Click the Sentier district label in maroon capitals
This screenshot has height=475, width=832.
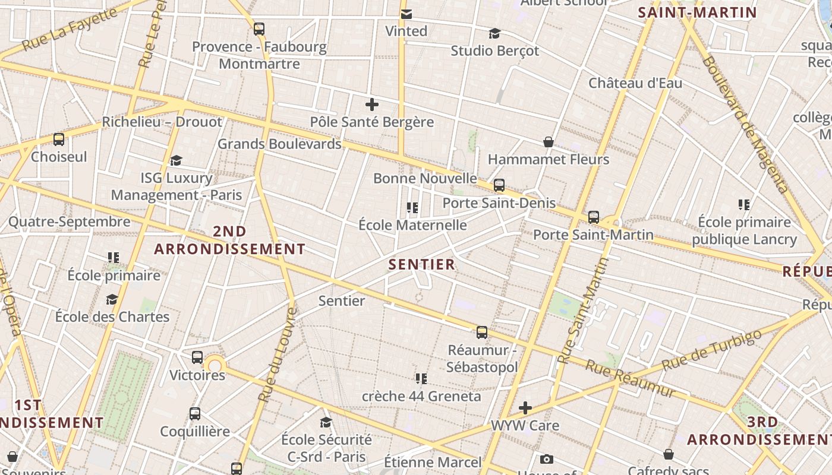pos(421,264)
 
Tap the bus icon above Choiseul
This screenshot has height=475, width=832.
pos(59,140)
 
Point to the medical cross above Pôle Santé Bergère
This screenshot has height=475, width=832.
pos(372,105)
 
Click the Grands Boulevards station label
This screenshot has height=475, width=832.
pos(279,144)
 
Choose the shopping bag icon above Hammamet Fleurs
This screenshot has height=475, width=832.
pos(549,142)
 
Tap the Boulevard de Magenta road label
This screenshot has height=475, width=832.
pos(746,125)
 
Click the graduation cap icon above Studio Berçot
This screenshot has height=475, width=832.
pos(494,33)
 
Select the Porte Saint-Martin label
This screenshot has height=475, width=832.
pos(593,235)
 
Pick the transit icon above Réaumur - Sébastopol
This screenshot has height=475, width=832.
pos(482,332)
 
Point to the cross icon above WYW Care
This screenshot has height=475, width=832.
pos(525,408)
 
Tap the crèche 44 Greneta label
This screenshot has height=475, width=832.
pos(421,396)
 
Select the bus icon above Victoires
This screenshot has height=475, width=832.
pos(197,357)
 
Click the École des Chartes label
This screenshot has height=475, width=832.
pos(112,316)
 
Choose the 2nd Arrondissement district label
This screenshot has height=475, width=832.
pos(229,240)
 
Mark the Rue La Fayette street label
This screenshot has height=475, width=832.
pos(70,29)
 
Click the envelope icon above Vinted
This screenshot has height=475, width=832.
pos(406,14)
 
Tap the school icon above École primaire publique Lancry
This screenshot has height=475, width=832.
pos(744,205)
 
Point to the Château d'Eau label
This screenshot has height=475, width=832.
pos(635,83)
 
